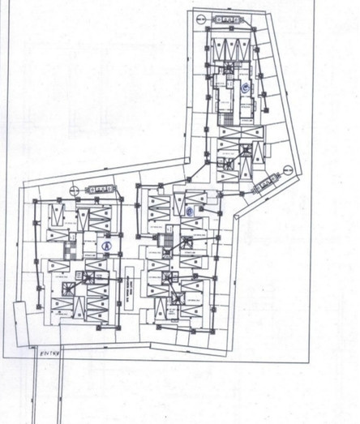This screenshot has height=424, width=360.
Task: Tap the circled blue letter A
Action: pos(105,244)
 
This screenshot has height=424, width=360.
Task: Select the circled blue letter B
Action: pos(190,212)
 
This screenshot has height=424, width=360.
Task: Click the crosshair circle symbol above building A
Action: pos(74,188)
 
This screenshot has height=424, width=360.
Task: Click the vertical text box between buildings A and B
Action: pos(128,289)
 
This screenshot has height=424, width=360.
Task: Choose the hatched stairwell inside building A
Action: pos(73,241)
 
